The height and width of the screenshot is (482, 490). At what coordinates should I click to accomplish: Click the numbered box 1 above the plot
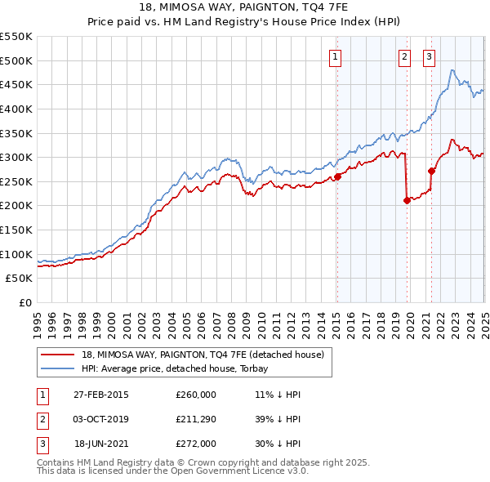tap(336, 56)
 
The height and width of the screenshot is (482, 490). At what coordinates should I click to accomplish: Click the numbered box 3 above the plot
tap(430, 56)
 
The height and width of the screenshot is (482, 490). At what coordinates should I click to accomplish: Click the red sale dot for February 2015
tap(337, 176)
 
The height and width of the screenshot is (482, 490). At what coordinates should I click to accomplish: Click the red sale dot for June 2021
tap(432, 171)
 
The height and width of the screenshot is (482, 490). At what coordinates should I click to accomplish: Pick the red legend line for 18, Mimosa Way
tap(58, 355)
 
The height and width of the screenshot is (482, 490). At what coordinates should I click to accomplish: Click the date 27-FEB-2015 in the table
tap(101, 395)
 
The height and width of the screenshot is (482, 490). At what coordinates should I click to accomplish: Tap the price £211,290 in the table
tap(196, 420)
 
